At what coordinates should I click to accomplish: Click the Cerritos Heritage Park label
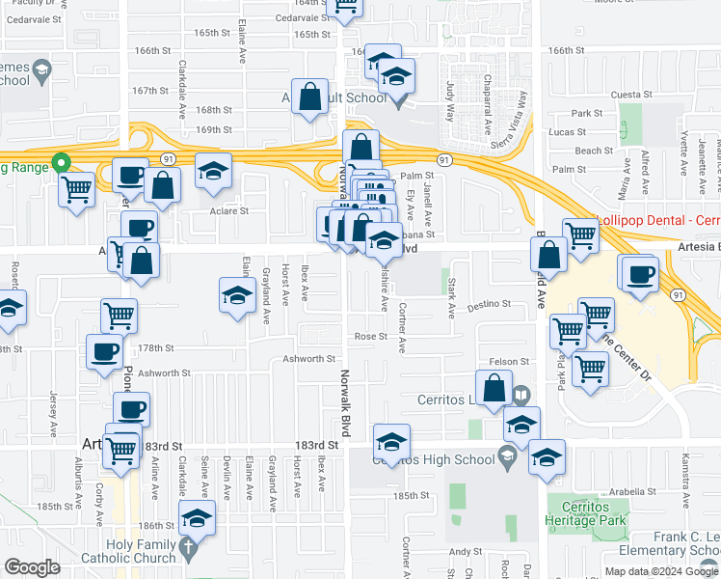(x=586, y=512)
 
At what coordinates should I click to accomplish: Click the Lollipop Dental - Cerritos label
(x=659, y=221)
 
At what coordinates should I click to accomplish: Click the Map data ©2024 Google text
(x=660, y=571)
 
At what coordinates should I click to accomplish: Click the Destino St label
(x=489, y=305)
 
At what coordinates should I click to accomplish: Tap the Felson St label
(x=510, y=361)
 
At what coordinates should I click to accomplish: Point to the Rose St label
(x=370, y=337)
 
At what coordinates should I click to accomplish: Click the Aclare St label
(x=229, y=210)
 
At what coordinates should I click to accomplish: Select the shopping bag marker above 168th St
(x=309, y=96)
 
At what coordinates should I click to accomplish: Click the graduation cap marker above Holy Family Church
(x=197, y=518)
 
